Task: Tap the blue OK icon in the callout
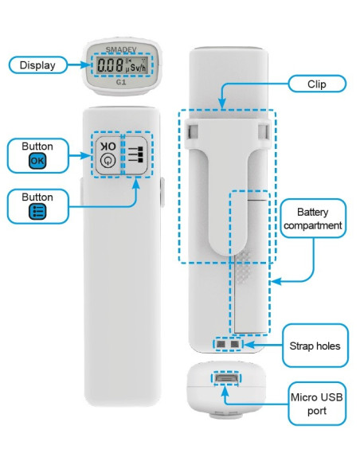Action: pos(37,161)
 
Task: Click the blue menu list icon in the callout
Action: pos(37,211)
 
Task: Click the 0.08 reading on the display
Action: pos(109,67)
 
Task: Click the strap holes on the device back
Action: pos(227,343)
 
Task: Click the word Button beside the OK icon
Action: pos(37,147)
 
